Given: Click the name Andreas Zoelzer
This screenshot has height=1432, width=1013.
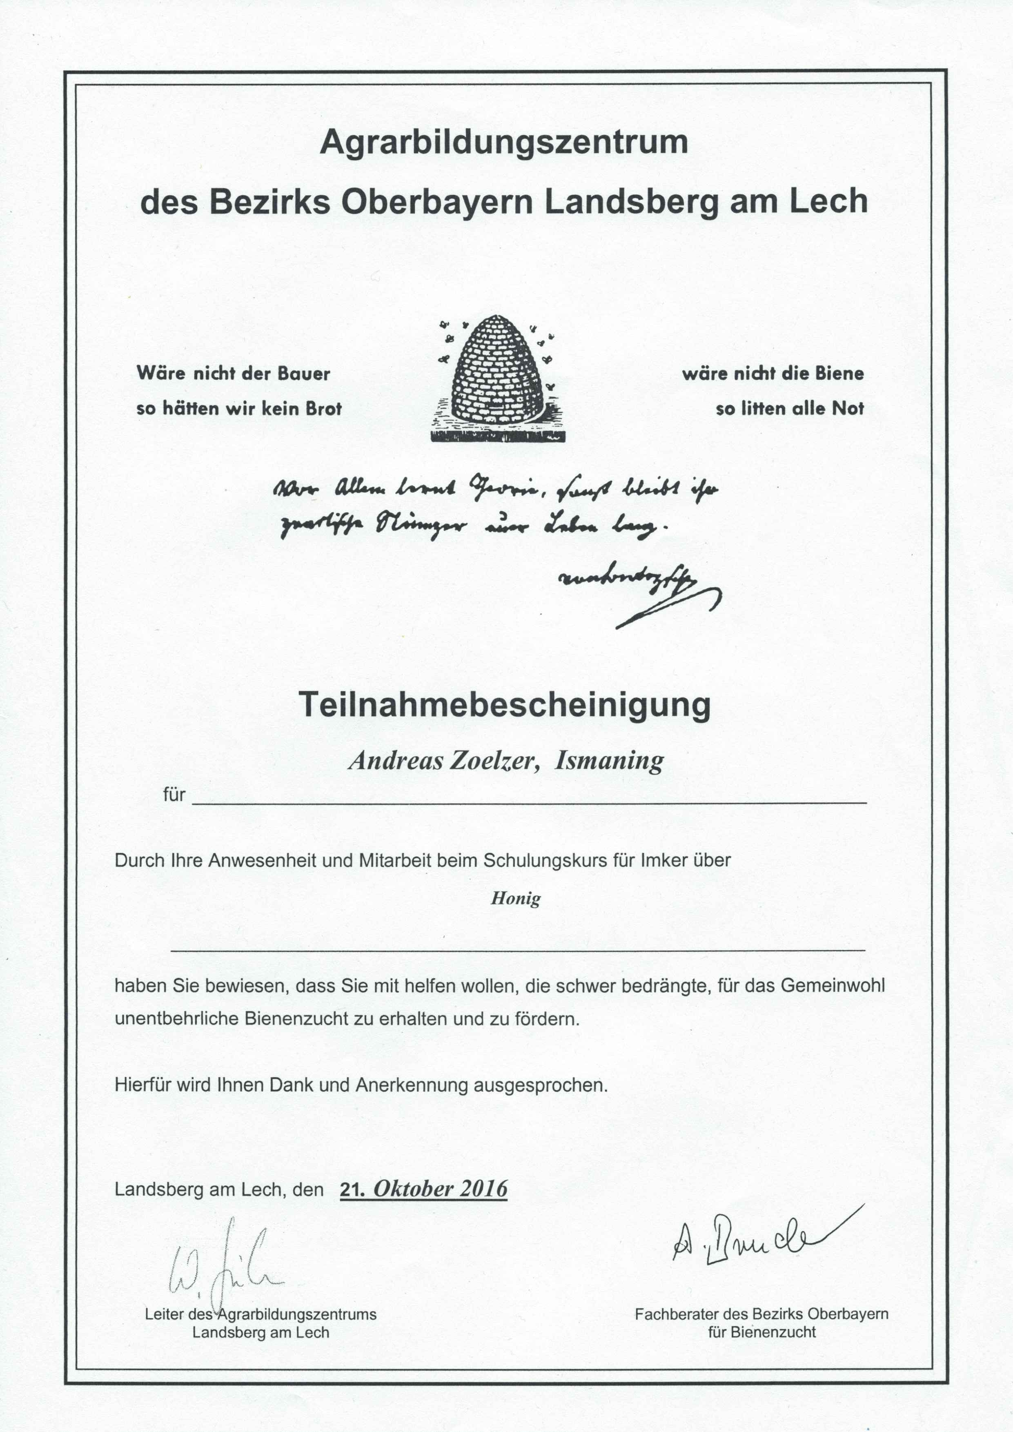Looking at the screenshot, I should pyautogui.click(x=443, y=761).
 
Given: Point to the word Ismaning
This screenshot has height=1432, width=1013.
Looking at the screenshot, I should pyautogui.click(x=609, y=761).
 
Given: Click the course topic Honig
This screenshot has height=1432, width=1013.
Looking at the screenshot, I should pyautogui.click(x=515, y=898).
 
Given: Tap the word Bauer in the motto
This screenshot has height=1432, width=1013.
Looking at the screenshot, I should pyautogui.click(x=304, y=374).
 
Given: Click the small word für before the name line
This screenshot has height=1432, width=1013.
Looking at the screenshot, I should pyautogui.click(x=174, y=795).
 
